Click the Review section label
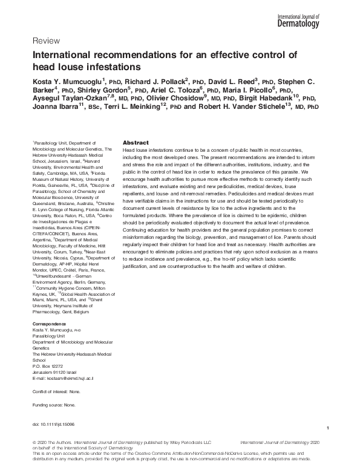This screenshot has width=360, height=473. click(x=45, y=41)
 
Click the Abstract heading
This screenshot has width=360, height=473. click(x=136, y=142)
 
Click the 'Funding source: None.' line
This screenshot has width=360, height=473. click(x=53, y=405)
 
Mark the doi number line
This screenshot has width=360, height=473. click(x=53, y=425)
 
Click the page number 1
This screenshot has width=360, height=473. click(x=327, y=428)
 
